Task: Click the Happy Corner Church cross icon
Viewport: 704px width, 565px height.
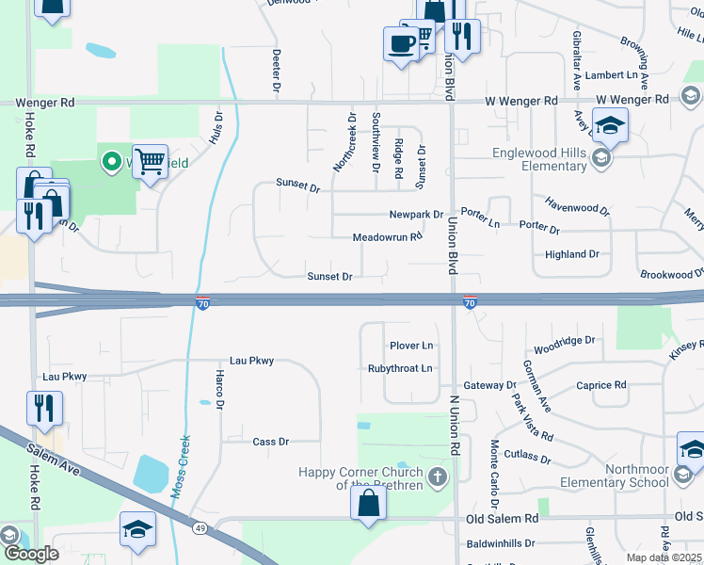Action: pyautogui.click(x=436, y=478)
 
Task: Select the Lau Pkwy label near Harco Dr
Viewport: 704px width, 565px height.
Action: pyautogui.click(x=251, y=361)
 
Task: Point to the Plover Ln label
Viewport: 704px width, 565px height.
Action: pyautogui.click(x=411, y=346)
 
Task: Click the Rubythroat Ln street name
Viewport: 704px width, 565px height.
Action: pyautogui.click(x=400, y=368)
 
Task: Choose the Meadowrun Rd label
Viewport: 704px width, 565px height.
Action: pyautogui.click(x=387, y=238)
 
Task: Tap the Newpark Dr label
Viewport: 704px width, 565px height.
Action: pyautogui.click(x=416, y=215)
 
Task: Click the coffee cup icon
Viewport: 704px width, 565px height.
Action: pyautogui.click(x=401, y=43)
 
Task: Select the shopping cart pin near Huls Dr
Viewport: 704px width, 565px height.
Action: pyautogui.click(x=150, y=162)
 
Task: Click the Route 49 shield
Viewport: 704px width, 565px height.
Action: pyautogui.click(x=200, y=528)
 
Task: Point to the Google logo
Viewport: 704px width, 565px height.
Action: pyautogui.click(x=30, y=553)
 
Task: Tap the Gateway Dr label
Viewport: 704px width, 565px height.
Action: pyautogui.click(x=490, y=385)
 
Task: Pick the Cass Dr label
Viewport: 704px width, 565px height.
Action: pyautogui.click(x=271, y=442)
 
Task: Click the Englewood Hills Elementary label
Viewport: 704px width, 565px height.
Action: pyautogui.click(x=539, y=159)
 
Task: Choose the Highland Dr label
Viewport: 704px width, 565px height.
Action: pyautogui.click(x=572, y=254)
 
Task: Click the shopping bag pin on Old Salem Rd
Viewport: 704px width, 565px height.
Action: pyautogui.click(x=368, y=504)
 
